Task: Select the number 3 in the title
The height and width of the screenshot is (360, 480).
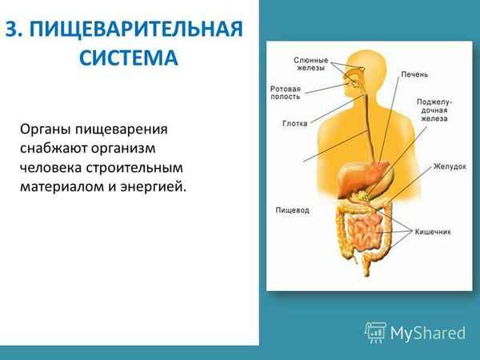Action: tap(11, 30)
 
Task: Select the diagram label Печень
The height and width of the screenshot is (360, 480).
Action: tap(415, 74)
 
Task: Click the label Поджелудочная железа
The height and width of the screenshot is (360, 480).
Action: tap(434, 111)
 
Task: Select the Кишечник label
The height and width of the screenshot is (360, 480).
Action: tap(434, 231)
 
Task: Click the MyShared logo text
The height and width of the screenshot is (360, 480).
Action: tap(428, 331)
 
